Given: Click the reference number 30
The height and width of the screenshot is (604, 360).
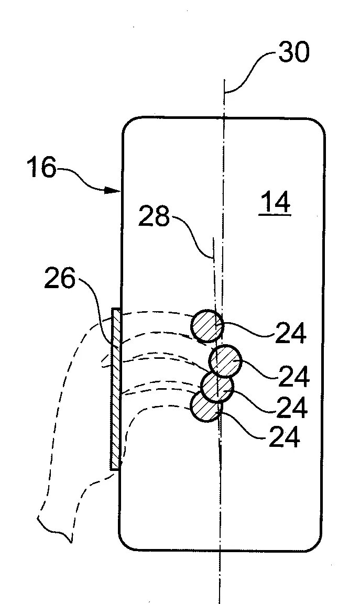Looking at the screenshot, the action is click(x=294, y=52).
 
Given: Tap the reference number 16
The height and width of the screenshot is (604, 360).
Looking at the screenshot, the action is click(x=41, y=168).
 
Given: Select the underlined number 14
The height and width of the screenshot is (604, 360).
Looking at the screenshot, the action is click(x=275, y=203).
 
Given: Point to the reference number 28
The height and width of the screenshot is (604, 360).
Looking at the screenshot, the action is click(x=154, y=216).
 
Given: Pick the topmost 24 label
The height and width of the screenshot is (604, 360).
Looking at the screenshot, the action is click(x=291, y=333).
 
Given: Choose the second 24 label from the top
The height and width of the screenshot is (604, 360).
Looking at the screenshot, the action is click(x=293, y=377).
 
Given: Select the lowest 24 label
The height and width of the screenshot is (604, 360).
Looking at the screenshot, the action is click(x=285, y=437).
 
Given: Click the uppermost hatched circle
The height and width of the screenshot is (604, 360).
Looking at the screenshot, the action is click(x=208, y=326).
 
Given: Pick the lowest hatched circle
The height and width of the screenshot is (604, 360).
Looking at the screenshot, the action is click(x=205, y=407).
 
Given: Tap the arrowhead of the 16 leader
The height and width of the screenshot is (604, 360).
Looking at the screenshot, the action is click(x=114, y=190).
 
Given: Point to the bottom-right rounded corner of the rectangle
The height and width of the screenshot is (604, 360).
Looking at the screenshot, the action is click(x=315, y=544).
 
